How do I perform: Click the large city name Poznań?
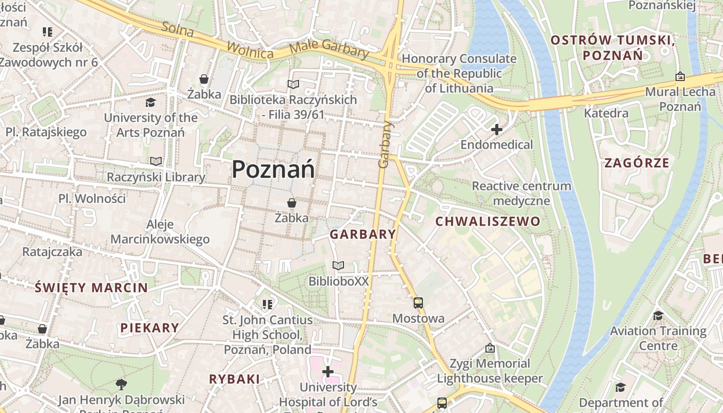click(x=273, y=169)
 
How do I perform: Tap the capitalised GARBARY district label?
click(x=363, y=234)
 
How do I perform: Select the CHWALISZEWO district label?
click(x=488, y=221)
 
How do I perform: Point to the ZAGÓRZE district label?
click(x=636, y=163)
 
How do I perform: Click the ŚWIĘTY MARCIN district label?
click(x=91, y=288)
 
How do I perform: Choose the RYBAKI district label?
click(x=234, y=379)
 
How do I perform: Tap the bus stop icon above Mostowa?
click(x=418, y=303)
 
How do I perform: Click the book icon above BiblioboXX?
click(x=338, y=266)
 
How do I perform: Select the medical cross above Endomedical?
click(x=496, y=130)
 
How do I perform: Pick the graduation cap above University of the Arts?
click(x=150, y=102)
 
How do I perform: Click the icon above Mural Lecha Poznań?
click(x=680, y=76)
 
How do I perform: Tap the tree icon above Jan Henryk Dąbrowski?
click(x=121, y=384)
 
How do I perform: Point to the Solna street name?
click(x=177, y=29)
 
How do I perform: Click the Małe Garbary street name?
click(x=329, y=49)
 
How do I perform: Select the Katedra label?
click(x=606, y=113)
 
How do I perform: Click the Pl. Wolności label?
click(x=92, y=198)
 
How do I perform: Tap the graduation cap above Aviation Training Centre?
click(x=658, y=315)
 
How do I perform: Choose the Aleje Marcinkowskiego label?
click(x=160, y=232)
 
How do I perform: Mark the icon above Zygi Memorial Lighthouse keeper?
click(x=490, y=348)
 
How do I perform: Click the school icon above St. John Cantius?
click(x=267, y=305)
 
